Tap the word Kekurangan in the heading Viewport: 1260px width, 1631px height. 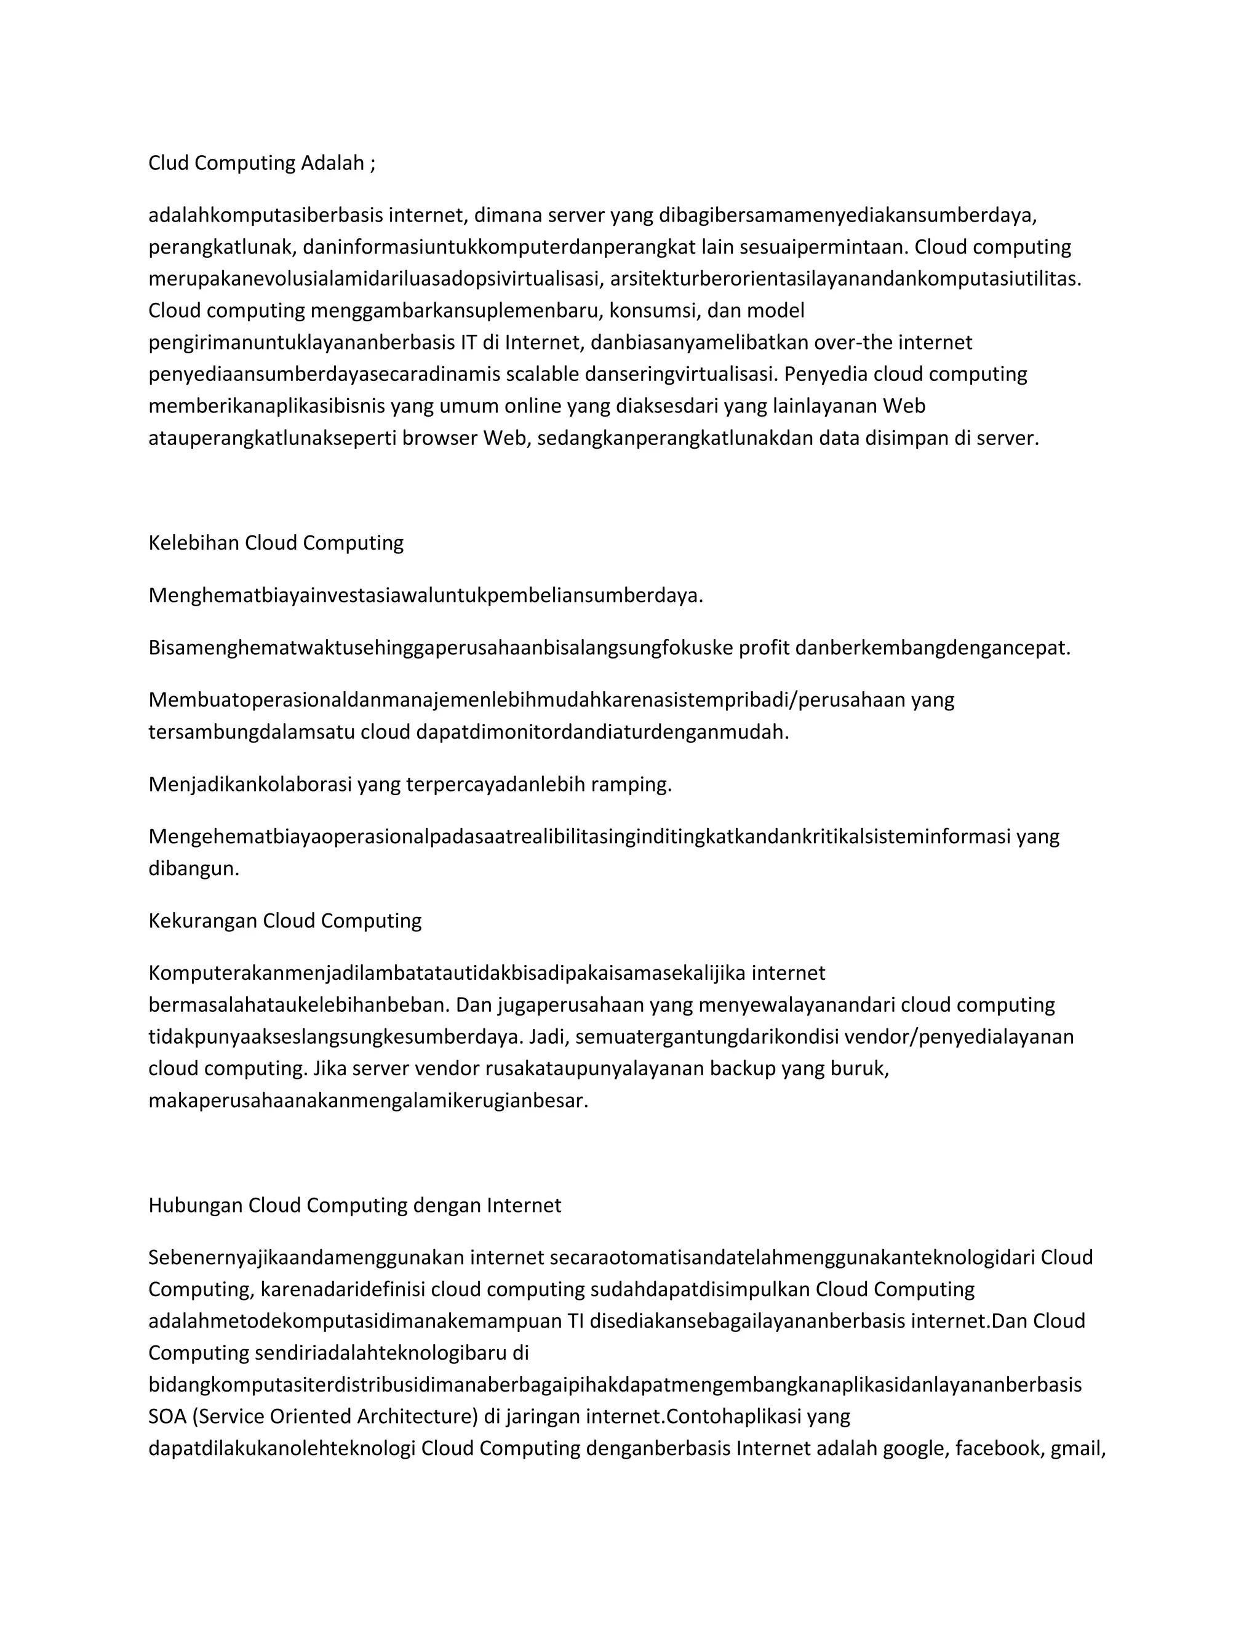click(x=202, y=921)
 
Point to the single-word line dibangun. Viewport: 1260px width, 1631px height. click(x=193, y=868)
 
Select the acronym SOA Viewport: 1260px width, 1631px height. click(x=167, y=1417)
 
